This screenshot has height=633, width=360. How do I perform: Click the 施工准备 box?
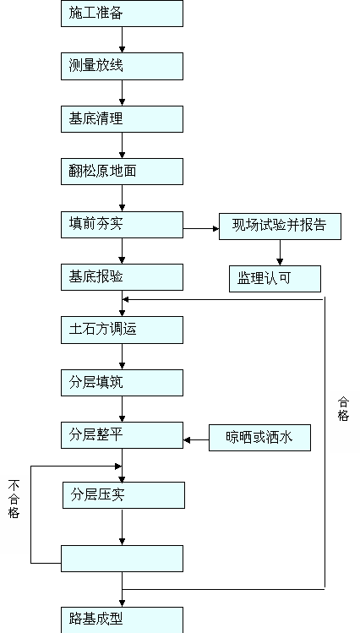tap(122, 14)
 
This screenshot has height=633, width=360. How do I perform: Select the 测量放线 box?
tap(122, 66)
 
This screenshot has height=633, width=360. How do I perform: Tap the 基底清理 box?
tap(122, 119)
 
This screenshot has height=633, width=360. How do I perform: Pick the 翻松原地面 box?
tap(122, 172)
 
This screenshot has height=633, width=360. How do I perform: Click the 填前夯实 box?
tap(122, 225)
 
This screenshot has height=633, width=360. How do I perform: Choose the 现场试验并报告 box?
tap(280, 226)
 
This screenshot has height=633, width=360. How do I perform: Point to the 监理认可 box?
tap(275, 279)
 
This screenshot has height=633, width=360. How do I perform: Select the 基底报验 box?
tap(122, 277)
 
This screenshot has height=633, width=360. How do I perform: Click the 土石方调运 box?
tap(122, 330)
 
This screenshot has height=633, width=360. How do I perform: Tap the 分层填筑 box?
tap(122, 383)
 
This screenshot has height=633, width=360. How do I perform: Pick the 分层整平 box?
tap(122, 435)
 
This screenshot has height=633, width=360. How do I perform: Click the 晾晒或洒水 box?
tap(260, 438)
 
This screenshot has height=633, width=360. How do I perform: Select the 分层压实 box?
tap(123, 495)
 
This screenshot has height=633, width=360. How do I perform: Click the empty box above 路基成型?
tap(122, 559)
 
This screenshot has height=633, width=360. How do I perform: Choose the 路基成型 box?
tap(122, 619)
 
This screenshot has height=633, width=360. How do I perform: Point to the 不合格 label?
tap(14, 499)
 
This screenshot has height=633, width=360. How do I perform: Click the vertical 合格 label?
tap(343, 409)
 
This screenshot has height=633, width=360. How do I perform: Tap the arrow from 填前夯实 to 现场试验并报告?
tap(201, 228)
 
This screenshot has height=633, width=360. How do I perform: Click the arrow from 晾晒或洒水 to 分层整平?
tap(196, 440)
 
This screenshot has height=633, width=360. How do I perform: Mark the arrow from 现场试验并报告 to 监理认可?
tap(280, 253)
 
